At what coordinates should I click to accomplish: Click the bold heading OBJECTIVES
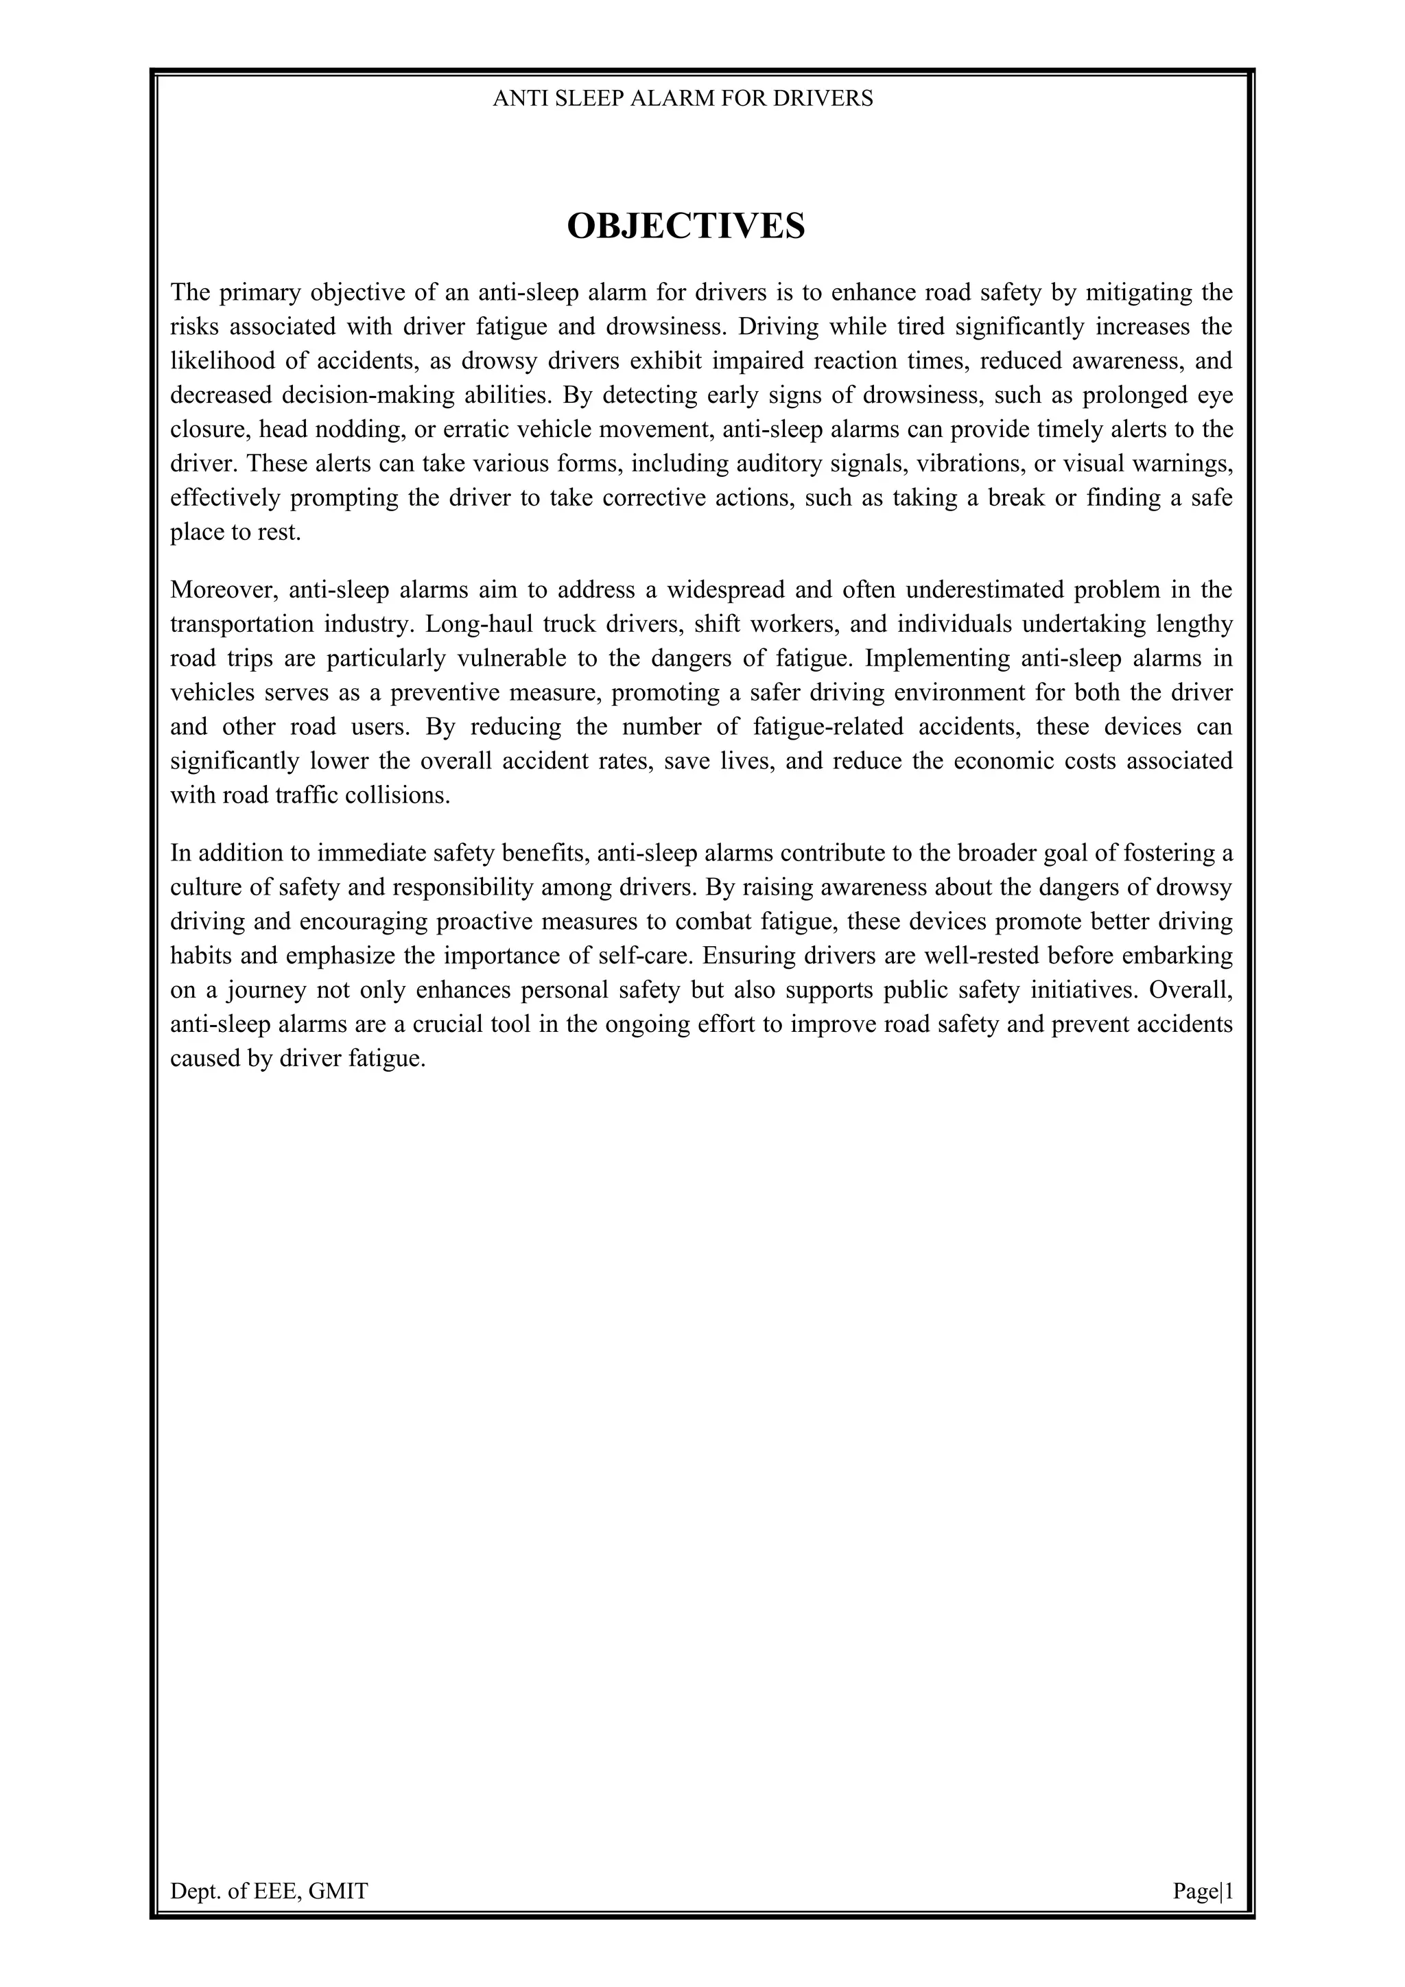point(685,226)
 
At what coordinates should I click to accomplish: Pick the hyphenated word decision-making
point(364,395)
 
